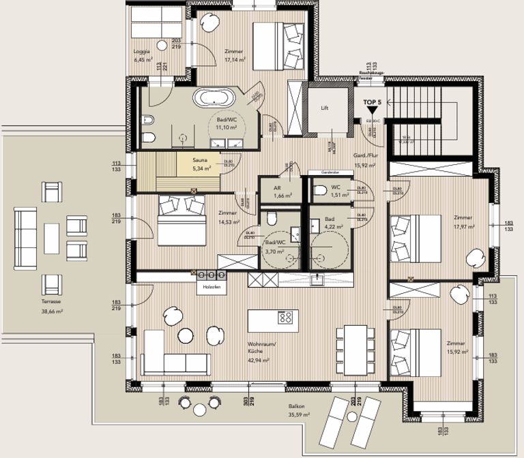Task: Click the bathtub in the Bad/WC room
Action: tap(214, 97)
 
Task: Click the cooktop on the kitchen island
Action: tap(286, 317)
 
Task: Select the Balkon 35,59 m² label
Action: tap(296, 410)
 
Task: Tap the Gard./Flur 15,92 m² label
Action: tap(365, 160)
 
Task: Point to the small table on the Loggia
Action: tap(161, 45)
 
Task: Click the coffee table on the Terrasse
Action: tap(52, 236)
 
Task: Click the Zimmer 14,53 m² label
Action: tap(228, 217)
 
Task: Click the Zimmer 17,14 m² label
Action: tap(235, 55)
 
